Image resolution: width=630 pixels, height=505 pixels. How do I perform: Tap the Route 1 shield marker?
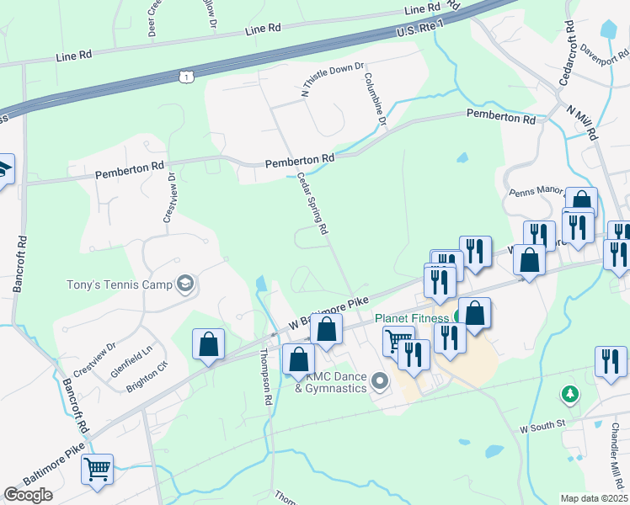pos(186,77)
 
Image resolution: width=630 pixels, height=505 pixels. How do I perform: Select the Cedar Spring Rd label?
pos(312,203)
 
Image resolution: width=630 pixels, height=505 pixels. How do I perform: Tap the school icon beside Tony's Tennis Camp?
pos(185,284)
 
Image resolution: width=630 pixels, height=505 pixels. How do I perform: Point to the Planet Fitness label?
pos(412,318)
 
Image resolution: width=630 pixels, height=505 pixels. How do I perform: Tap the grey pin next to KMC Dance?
pos(379,383)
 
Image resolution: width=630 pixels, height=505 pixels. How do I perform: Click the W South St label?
pos(542,428)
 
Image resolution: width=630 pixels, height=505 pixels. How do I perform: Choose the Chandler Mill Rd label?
pos(613,454)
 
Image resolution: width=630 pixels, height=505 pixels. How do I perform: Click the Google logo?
pos(29,495)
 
